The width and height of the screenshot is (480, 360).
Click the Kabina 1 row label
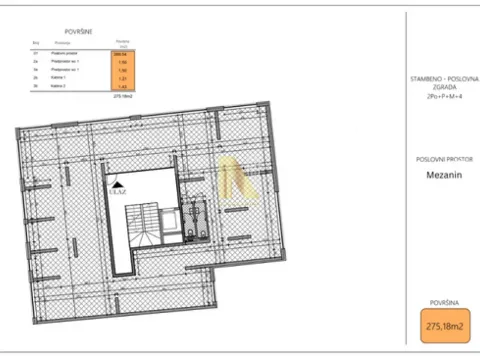60,78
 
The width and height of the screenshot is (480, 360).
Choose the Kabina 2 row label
60,86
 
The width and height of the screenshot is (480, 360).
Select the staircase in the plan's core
146,224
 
